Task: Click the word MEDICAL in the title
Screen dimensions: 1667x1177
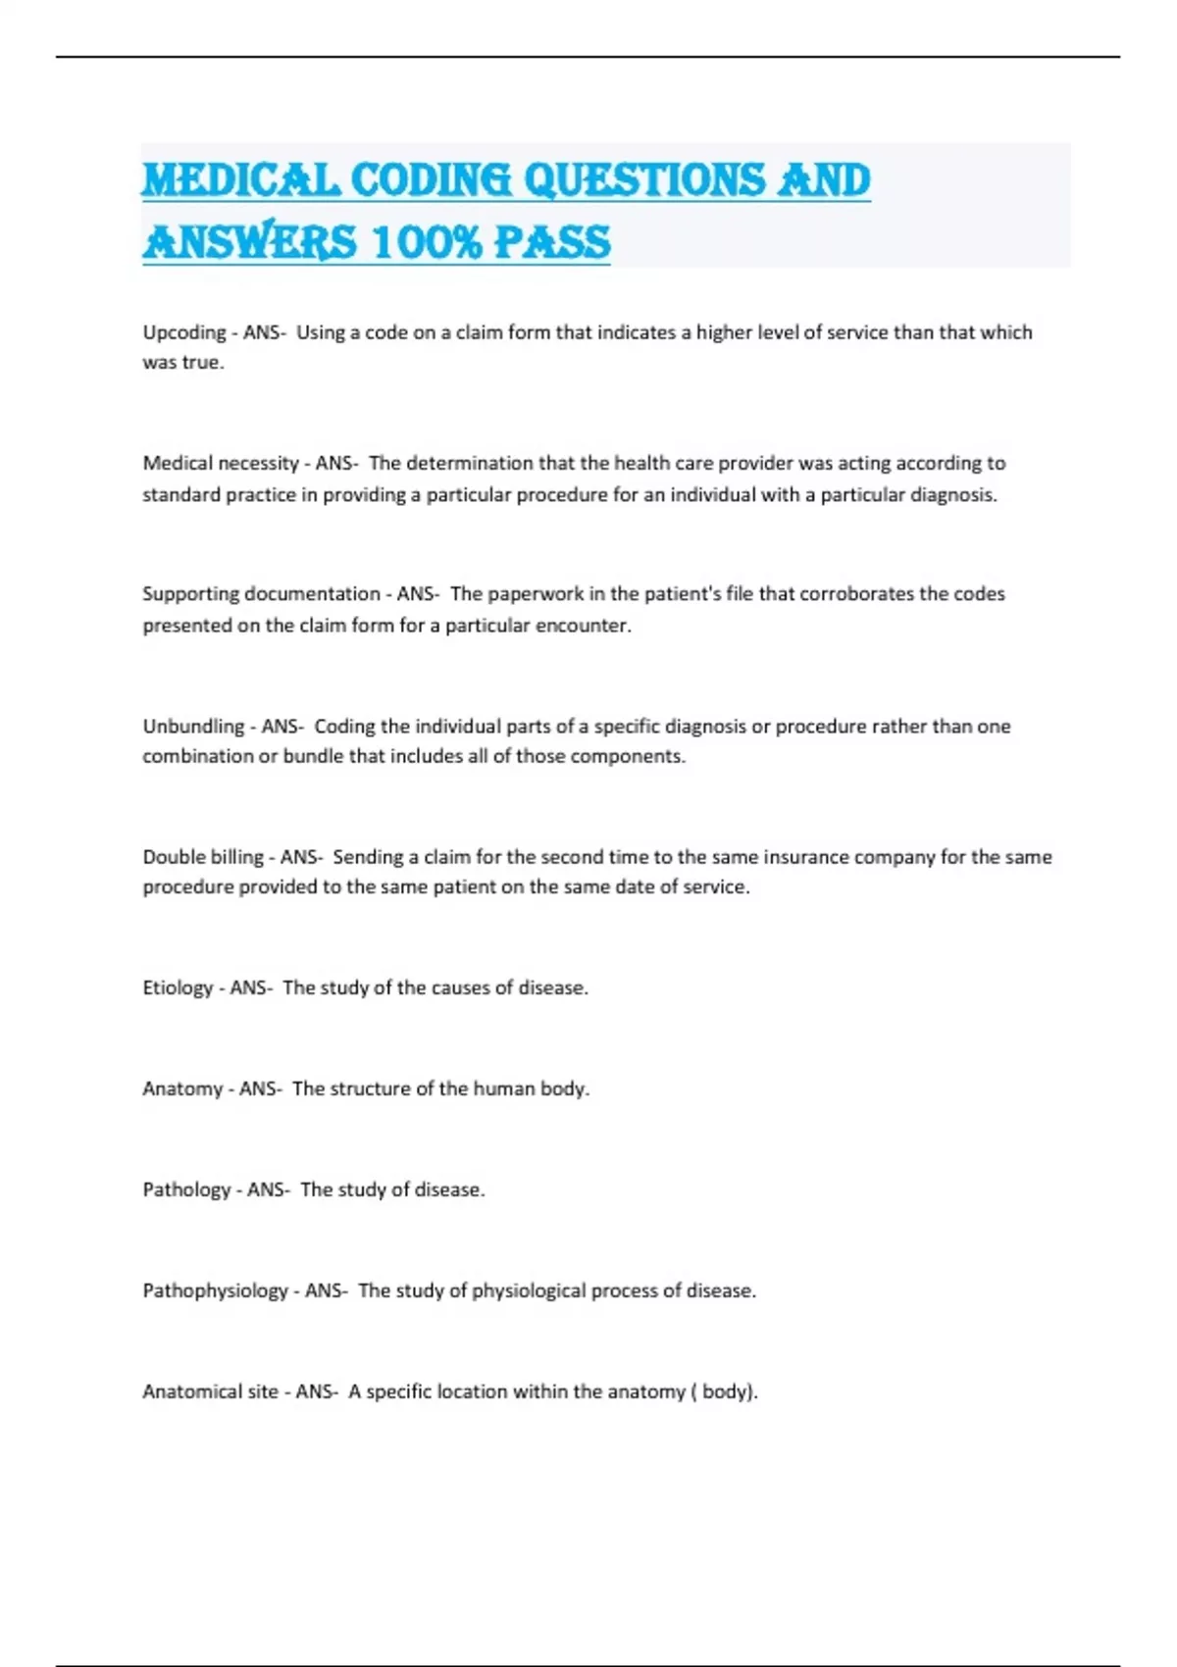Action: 241,180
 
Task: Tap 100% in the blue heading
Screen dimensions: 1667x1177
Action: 428,242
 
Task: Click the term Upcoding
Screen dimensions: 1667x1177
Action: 184,332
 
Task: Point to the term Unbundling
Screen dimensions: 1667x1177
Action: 192,727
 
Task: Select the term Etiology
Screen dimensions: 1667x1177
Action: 178,987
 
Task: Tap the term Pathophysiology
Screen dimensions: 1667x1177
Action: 216,1290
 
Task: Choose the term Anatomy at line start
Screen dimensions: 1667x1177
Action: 182,1088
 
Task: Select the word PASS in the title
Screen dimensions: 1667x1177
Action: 551,242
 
